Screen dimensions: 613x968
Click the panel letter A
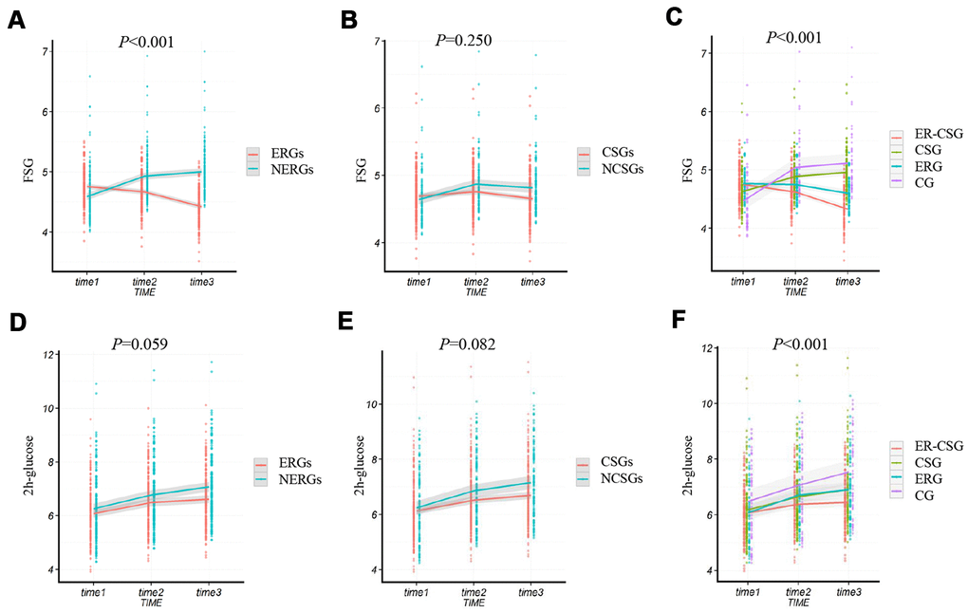pyautogui.click(x=15, y=21)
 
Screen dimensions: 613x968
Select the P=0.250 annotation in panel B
pyautogui.click(x=464, y=39)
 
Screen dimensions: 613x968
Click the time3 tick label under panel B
pyautogui.click(x=534, y=281)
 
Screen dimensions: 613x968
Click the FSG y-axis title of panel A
pyautogui.click(x=13, y=175)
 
